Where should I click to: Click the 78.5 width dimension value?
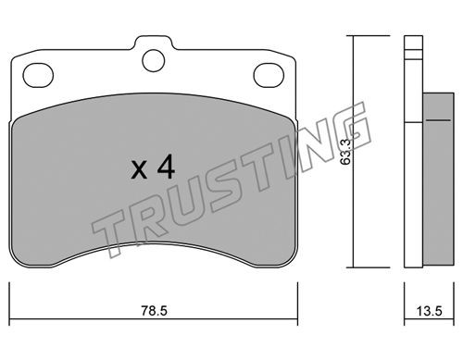[155, 311]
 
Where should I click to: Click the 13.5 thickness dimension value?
[430, 311]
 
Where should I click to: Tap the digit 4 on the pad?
[166, 168]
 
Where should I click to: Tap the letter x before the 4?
[139, 171]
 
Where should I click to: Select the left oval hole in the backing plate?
[38, 75]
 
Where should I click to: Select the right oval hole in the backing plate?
[269, 75]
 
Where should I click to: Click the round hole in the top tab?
[154, 61]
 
